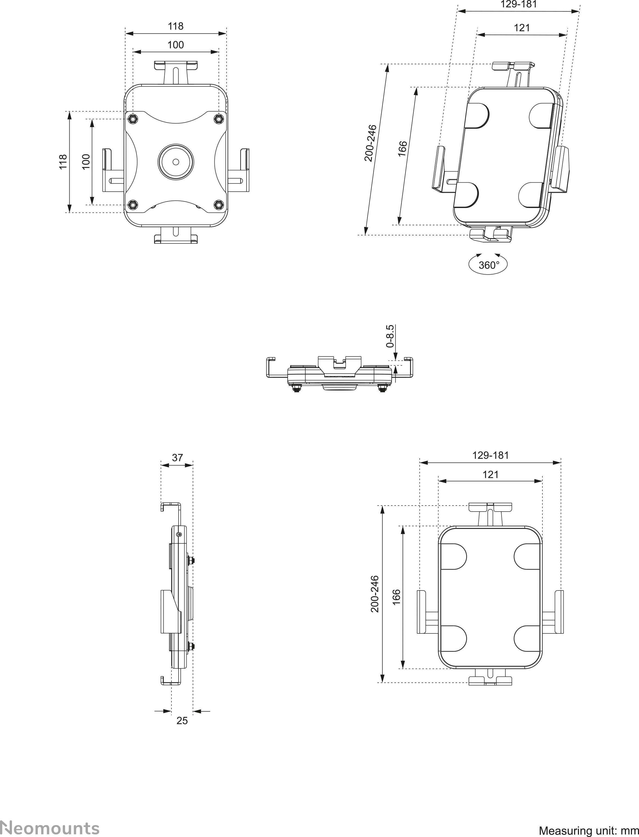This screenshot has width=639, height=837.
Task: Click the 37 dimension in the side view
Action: click(177, 457)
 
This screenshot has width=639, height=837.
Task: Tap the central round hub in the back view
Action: click(176, 162)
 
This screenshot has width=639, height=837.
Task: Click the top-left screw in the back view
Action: click(132, 119)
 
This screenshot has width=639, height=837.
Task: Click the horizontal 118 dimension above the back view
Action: click(176, 26)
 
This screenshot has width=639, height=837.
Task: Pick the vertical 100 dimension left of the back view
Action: click(86, 162)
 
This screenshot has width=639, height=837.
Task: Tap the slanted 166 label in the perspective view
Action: click(403, 149)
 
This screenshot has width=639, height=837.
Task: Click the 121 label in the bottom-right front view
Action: click(490, 474)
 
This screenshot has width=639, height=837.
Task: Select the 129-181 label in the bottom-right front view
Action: click(490, 455)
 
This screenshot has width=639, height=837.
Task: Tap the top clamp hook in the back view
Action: click(176, 65)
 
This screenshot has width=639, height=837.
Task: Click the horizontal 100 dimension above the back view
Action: click(176, 45)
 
